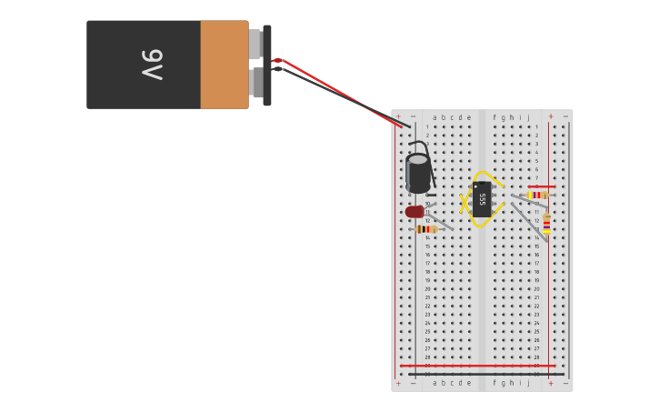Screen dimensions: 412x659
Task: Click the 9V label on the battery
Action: (152, 65)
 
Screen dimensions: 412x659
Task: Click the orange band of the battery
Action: (224, 65)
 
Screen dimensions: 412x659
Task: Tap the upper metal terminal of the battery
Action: (256, 44)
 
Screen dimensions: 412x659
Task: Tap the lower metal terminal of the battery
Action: (256, 83)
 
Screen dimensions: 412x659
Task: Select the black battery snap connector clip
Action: (267, 65)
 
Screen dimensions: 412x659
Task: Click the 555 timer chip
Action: (482, 198)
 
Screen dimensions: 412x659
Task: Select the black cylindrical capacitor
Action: (418, 173)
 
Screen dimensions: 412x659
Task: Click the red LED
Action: (414, 212)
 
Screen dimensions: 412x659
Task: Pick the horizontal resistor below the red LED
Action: (425, 229)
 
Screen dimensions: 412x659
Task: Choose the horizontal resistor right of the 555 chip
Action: (537, 195)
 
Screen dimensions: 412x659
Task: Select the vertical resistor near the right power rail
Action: (546, 223)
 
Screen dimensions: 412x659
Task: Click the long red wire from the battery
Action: (336, 91)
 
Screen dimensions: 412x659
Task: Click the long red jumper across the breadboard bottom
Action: (477, 366)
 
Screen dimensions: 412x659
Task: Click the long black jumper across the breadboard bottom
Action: (486, 374)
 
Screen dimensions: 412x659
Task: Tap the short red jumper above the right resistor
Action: (542, 186)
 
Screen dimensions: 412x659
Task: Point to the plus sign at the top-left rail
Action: (398, 116)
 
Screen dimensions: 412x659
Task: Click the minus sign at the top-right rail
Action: (565, 116)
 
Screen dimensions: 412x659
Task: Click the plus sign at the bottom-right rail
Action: (550, 383)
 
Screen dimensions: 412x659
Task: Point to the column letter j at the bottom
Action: (527, 383)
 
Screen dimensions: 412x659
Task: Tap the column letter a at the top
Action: (434, 116)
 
